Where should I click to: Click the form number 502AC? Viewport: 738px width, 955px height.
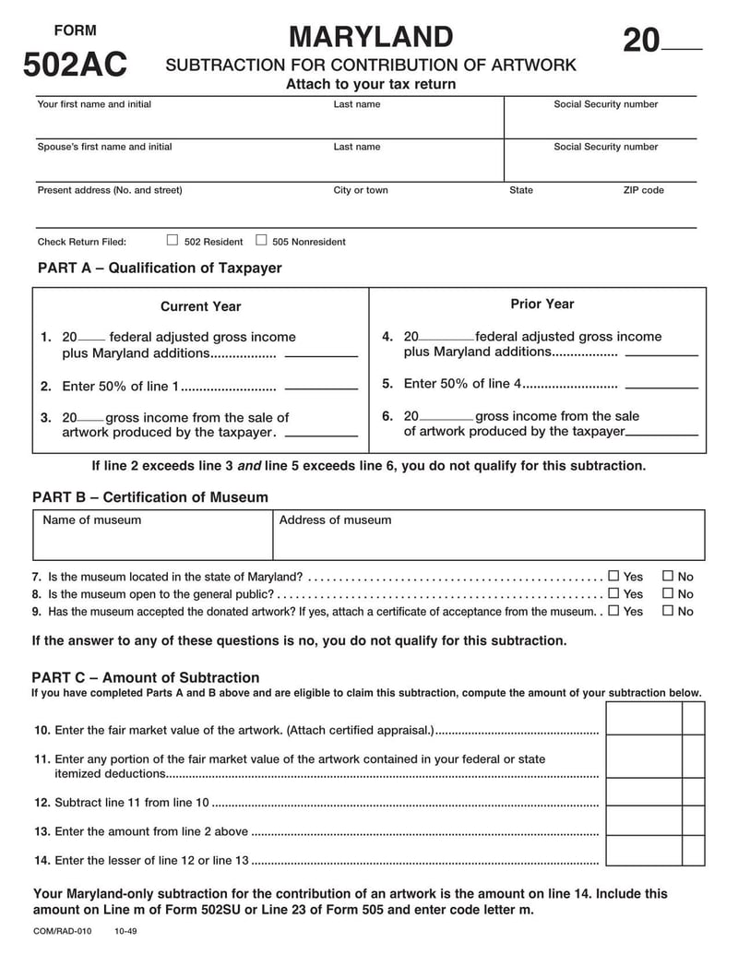pos(75,66)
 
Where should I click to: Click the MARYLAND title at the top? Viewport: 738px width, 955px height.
pos(370,37)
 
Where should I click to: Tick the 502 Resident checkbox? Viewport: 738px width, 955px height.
pos(172,240)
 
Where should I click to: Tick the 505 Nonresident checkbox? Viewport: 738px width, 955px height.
pos(261,240)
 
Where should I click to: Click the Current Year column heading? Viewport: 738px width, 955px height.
pos(200,306)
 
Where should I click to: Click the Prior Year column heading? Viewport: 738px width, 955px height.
pos(542,304)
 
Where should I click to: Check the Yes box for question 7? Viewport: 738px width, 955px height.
pos(613,576)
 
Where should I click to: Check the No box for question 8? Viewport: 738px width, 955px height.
pos(668,593)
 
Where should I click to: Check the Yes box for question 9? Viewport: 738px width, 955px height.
pos(613,611)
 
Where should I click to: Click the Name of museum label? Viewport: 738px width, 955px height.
pos(92,519)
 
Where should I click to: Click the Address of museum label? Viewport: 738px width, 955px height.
pos(335,519)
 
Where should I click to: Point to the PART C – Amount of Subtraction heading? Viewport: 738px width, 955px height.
pos(146,677)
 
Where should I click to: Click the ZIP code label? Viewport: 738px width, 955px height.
pos(643,190)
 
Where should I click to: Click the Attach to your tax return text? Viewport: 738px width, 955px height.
pos(370,84)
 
